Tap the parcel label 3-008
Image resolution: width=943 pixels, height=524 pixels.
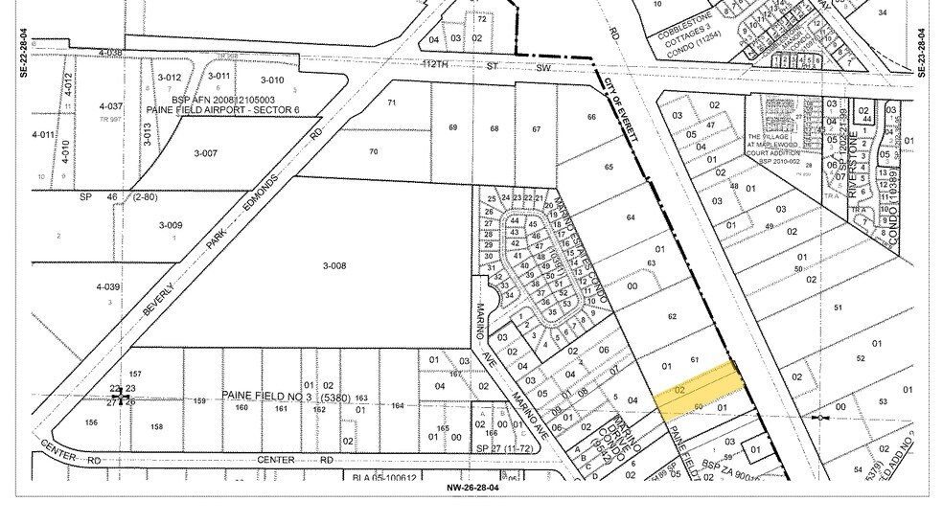click(x=333, y=266)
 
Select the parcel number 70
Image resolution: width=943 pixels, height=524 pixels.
click(x=373, y=151)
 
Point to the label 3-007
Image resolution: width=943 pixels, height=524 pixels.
click(x=206, y=153)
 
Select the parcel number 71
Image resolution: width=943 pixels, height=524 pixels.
click(x=391, y=103)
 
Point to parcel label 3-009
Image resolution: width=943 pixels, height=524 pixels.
click(x=170, y=226)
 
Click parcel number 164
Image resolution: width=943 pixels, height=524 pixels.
click(x=398, y=405)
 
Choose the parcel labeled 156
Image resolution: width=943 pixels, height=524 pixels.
click(x=91, y=422)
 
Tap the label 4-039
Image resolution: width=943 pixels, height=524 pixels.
click(x=108, y=286)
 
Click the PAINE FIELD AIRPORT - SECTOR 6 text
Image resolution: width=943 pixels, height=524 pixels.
click(x=223, y=110)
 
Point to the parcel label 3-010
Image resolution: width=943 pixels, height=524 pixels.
click(x=272, y=80)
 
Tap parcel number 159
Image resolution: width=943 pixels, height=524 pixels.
click(x=200, y=401)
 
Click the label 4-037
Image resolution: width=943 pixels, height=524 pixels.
click(x=111, y=106)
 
